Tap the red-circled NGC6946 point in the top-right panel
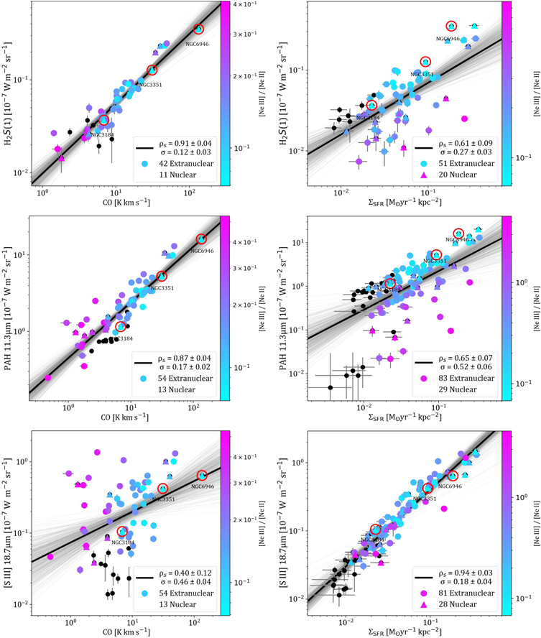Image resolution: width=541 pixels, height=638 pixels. click(451, 27)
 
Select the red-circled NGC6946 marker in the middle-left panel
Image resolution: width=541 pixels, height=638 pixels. click(201, 239)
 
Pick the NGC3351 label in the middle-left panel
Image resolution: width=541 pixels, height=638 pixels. click(162, 288)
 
